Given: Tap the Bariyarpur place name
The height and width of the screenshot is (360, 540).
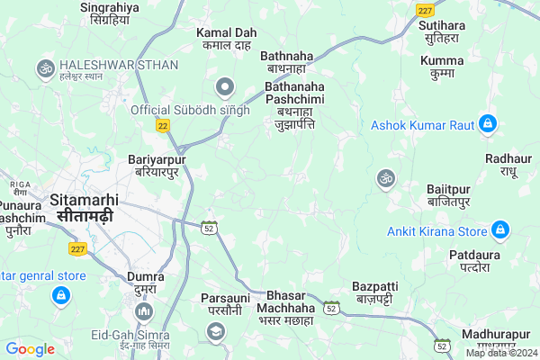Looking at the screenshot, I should point(158,165).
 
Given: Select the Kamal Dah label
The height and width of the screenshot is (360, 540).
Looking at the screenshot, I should point(227,39).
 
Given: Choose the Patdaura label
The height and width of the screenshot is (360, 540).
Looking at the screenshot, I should point(474,261).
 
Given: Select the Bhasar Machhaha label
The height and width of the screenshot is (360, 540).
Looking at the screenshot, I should point(284,308).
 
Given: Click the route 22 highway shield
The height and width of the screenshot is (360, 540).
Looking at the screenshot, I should point(162,126).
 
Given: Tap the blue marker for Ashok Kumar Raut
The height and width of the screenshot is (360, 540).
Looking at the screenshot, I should point(488,122).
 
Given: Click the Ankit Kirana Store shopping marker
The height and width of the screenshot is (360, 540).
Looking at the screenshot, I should point(501,231).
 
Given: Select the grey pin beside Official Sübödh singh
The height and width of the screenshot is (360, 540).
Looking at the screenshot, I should point(224,87).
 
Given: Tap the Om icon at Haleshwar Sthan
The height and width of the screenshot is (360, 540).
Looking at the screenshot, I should point(44,67).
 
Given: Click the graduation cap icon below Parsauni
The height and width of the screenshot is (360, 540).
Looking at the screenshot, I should point(215,332).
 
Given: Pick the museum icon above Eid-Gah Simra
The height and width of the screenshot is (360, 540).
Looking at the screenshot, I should point(143,311).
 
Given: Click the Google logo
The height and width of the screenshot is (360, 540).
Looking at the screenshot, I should point(31,349).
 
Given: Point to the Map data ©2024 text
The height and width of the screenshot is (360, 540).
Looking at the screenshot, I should point(500,353).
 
